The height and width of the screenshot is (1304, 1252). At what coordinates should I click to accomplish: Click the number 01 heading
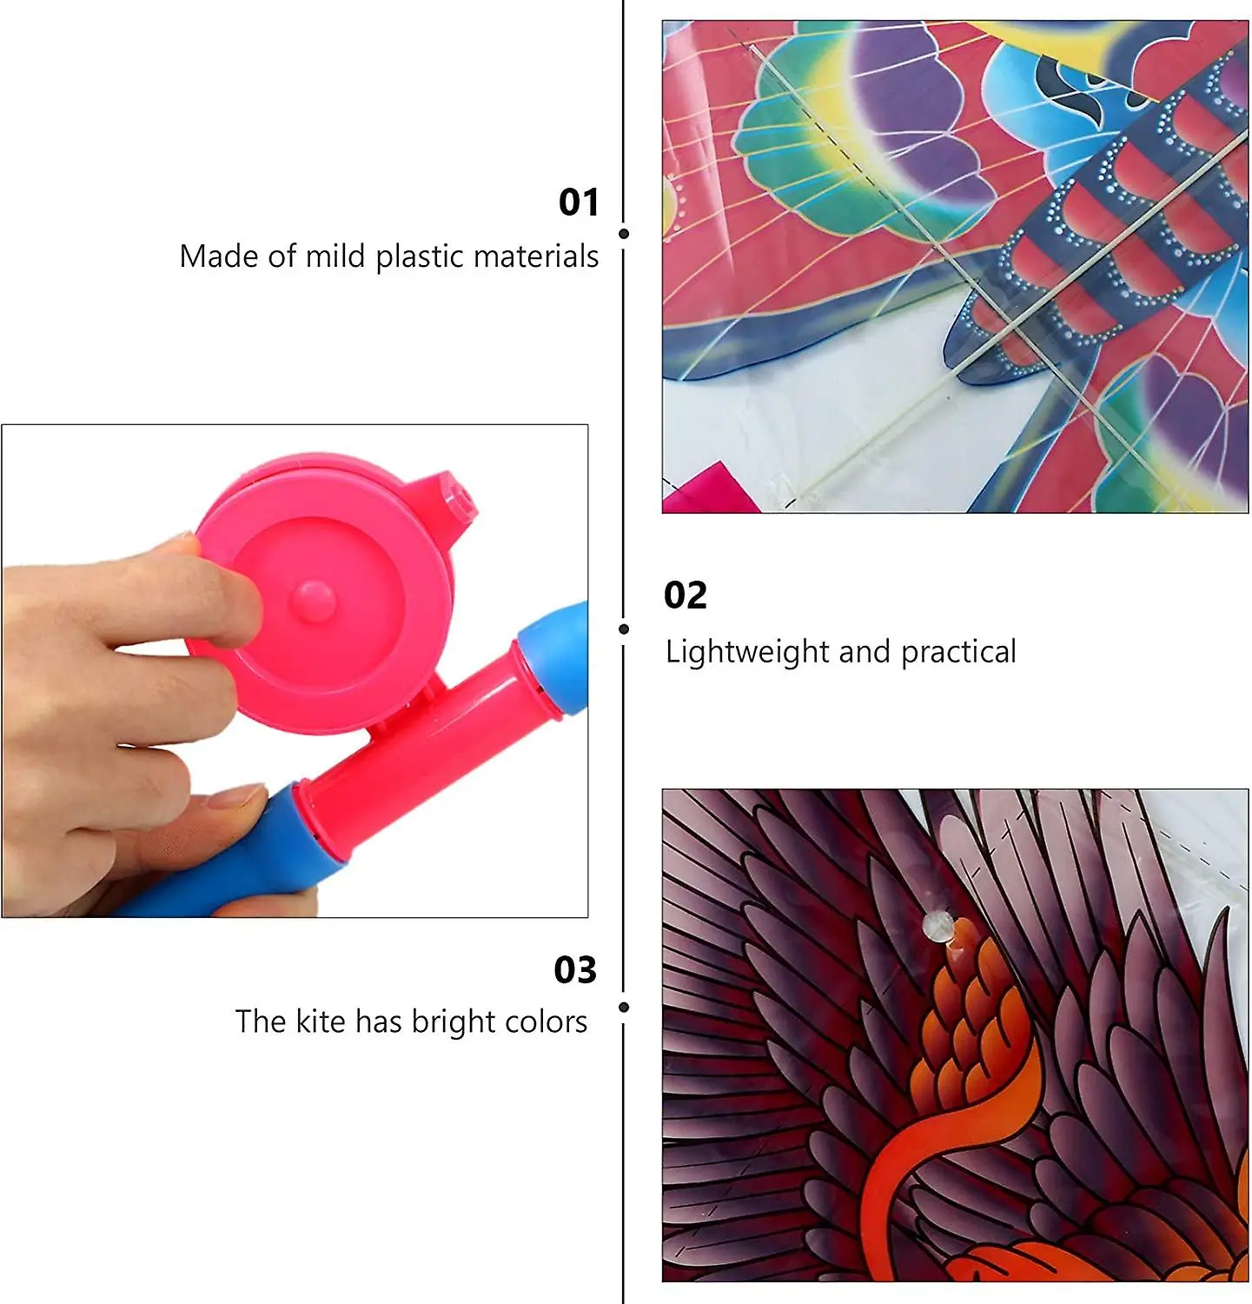[579, 202]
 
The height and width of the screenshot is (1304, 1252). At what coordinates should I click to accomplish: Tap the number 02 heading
[686, 595]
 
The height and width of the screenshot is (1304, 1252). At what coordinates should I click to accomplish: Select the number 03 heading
[575, 970]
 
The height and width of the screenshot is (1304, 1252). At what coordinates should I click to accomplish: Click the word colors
[551, 1021]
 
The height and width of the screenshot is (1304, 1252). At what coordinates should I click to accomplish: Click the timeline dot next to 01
[624, 234]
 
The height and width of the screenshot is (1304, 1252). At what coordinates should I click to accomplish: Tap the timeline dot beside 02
[624, 629]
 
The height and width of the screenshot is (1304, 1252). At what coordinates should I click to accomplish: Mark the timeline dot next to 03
[624, 1007]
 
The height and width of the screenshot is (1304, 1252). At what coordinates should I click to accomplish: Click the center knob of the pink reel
[313, 600]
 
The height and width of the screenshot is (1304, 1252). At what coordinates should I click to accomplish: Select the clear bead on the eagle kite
[937, 926]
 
